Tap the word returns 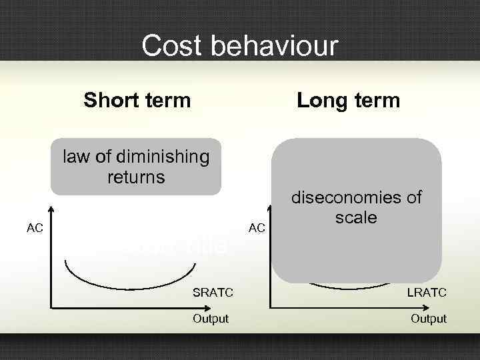[136, 177]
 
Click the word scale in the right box [356, 218]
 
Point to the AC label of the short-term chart [35, 229]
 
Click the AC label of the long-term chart [257, 229]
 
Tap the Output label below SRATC [211, 319]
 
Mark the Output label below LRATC [429, 319]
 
